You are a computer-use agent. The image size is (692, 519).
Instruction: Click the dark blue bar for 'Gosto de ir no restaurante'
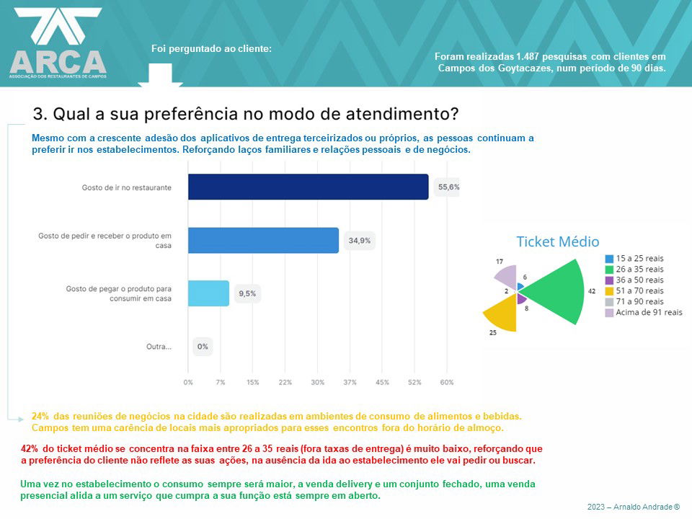point(308,187)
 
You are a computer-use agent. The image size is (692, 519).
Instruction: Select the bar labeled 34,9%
point(263,240)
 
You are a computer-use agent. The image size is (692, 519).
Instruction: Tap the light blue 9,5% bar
point(208,293)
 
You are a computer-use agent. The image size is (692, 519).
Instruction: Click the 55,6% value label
point(448,187)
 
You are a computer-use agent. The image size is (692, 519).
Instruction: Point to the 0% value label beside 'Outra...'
point(203,347)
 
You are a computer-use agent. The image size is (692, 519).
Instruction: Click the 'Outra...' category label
point(159,347)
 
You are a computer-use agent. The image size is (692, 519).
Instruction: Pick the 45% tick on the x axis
point(382,382)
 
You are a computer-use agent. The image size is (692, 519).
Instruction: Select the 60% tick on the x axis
point(447,382)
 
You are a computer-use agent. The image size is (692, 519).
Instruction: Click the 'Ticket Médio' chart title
point(558,242)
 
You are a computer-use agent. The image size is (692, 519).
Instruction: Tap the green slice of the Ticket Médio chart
point(559,292)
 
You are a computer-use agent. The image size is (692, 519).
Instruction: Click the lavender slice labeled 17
point(506,275)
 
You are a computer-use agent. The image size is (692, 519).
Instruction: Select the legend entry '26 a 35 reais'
point(639,269)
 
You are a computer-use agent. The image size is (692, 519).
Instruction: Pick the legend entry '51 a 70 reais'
point(639,290)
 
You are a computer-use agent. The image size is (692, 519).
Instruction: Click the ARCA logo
point(58,43)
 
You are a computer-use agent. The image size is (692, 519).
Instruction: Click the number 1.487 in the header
point(531,56)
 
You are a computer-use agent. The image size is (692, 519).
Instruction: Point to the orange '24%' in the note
point(40,417)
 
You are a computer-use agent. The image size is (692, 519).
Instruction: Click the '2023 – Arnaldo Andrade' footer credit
point(633,507)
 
